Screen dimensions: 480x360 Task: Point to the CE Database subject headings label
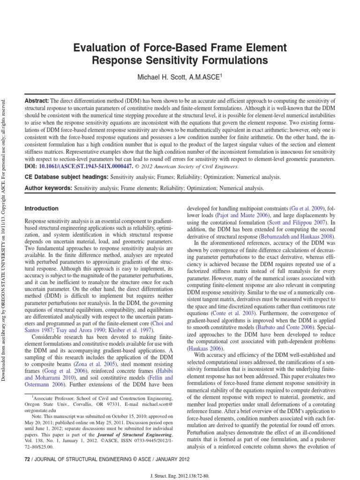[66, 177]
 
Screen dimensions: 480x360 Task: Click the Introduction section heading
[42, 208]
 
